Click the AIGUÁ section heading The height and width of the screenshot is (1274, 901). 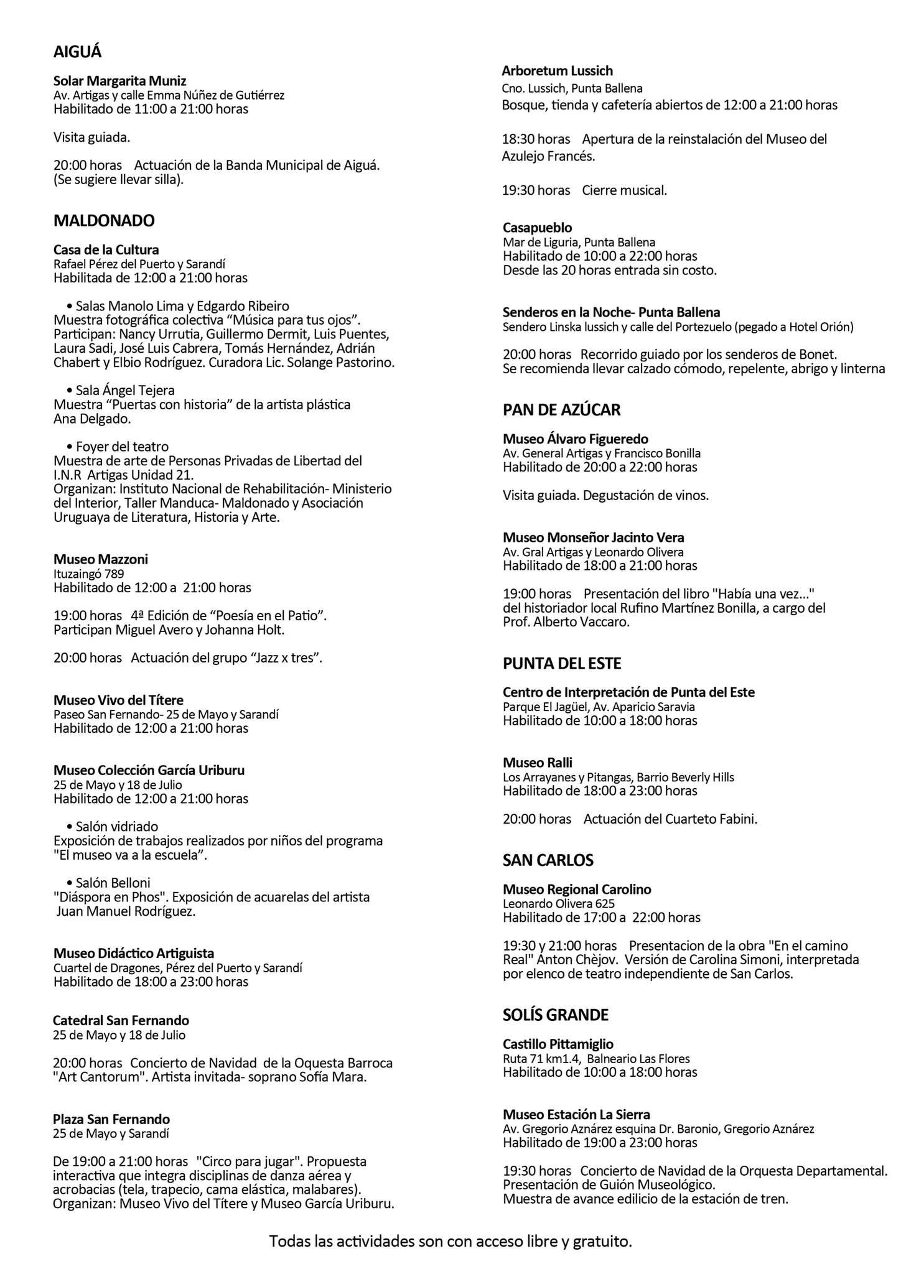(x=77, y=52)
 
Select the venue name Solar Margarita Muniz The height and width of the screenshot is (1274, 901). (x=119, y=81)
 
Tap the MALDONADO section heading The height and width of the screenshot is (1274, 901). (x=104, y=221)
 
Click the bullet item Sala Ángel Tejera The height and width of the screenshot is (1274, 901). (x=124, y=391)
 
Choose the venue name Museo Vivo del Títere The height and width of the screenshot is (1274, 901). (x=118, y=700)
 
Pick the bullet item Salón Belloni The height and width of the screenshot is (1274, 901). (x=113, y=883)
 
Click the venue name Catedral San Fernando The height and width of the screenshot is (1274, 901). (x=121, y=1021)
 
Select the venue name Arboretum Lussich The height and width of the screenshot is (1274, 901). (x=557, y=71)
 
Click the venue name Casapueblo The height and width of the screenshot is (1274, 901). (x=537, y=228)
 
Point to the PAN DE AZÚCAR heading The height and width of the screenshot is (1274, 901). (x=561, y=410)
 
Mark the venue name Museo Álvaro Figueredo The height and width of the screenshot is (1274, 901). (x=575, y=439)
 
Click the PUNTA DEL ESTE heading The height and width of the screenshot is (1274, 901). (x=561, y=664)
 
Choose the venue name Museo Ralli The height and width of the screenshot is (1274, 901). (x=537, y=763)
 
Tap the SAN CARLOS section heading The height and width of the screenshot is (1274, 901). (x=548, y=860)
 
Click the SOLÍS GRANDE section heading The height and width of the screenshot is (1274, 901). (x=555, y=1015)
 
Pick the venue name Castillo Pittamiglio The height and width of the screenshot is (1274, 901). (x=558, y=1044)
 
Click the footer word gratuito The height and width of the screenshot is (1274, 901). (x=602, y=1242)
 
